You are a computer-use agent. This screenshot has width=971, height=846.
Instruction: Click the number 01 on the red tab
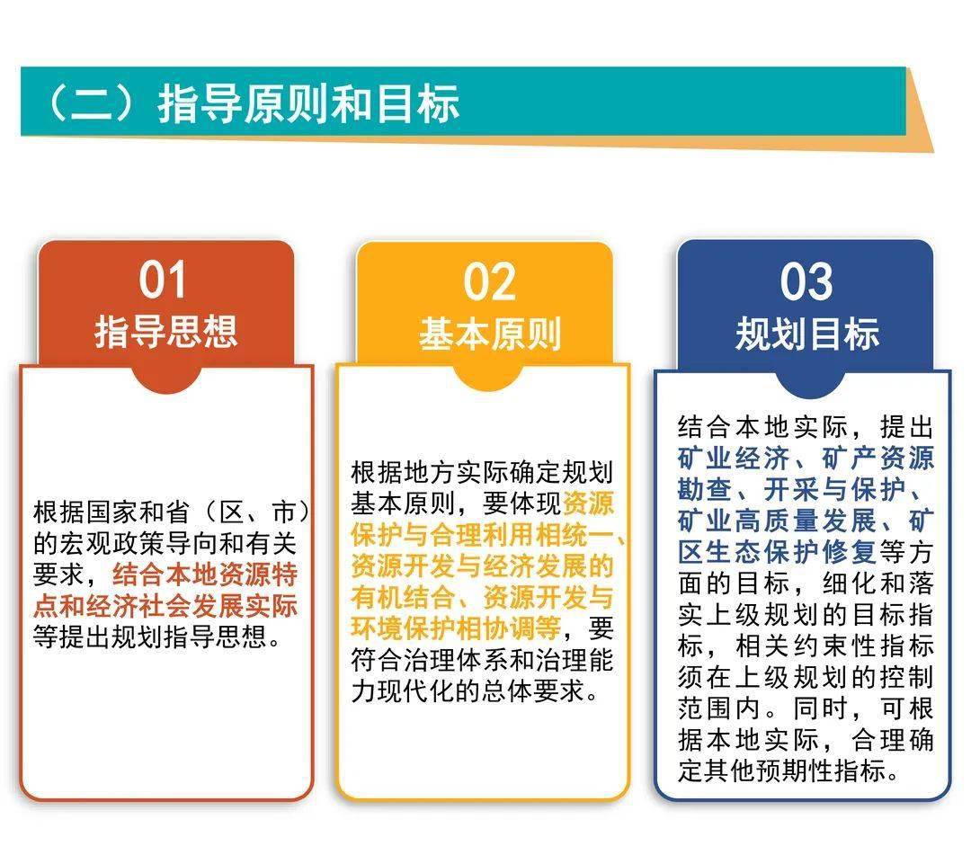[162, 280]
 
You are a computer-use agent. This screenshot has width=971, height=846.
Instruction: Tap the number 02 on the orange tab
[489, 281]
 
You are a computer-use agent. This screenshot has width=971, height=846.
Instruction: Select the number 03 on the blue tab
[806, 281]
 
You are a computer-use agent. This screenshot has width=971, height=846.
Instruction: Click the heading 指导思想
[166, 332]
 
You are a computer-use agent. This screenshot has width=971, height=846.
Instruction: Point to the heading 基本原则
[490, 334]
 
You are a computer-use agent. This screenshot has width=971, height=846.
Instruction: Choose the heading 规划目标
[806, 334]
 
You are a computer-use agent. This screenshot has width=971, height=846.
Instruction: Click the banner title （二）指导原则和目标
[254, 102]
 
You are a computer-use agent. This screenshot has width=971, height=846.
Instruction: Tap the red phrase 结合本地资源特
[205, 574]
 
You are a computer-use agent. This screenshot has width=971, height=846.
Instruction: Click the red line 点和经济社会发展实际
[165, 606]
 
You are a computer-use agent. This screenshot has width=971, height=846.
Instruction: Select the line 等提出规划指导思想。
[158, 637]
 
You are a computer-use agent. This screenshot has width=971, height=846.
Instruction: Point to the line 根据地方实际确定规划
[482, 473]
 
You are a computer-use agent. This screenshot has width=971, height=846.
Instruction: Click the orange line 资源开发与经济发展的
[482, 566]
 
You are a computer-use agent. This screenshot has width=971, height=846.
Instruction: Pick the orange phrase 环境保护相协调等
[456, 628]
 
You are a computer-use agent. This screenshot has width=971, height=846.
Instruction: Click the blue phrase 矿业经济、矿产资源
[806, 459]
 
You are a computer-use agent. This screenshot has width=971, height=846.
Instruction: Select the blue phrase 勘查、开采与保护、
[799, 489]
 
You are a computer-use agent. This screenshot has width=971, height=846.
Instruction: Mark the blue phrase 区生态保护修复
[777, 551]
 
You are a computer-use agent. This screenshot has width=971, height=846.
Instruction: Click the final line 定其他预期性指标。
[788, 770]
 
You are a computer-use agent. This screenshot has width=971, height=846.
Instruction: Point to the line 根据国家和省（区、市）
[172, 512]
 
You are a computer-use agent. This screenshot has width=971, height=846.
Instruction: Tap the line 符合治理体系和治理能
[482, 660]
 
